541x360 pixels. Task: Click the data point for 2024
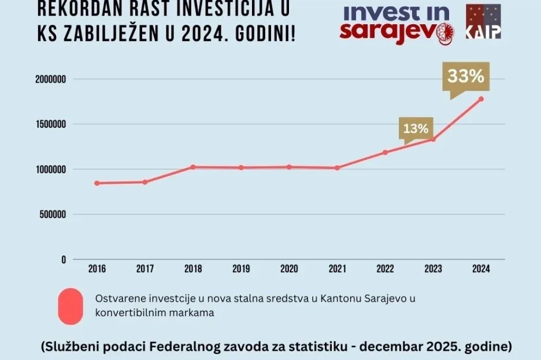click(x=481, y=99)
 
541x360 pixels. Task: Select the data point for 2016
click(x=97, y=183)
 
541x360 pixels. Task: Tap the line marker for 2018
click(x=192, y=167)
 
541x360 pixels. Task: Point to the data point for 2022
click(x=385, y=153)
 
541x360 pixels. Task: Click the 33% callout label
click(x=466, y=76)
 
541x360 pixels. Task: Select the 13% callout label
click(x=416, y=128)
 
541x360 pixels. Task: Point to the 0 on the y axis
click(x=64, y=259)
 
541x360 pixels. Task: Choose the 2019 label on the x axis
click(x=240, y=269)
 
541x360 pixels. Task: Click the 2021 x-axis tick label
click(x=337, y=269)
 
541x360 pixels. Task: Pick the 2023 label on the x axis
click(x=433, y=269)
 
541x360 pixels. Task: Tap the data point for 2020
click(x=289, y=167)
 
